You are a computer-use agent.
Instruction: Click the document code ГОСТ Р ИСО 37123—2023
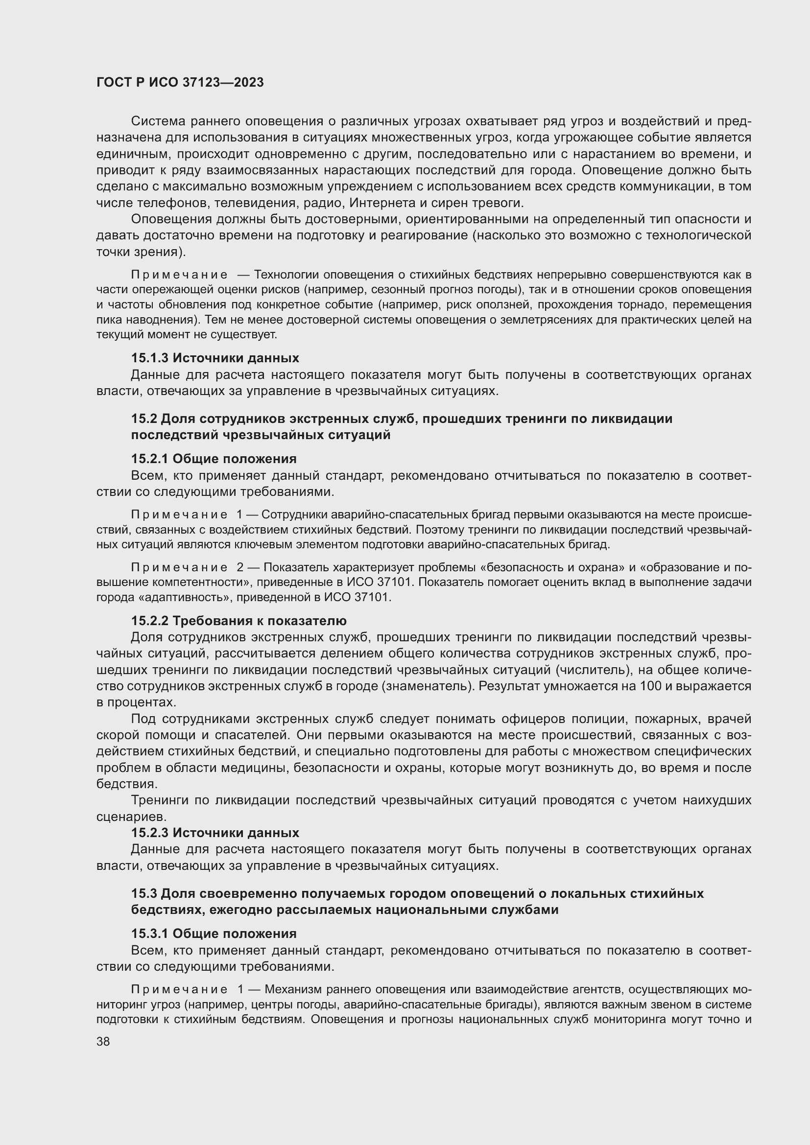[180, 83]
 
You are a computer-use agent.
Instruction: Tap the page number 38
[103, 1041]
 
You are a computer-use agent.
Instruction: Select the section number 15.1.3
[150, 357]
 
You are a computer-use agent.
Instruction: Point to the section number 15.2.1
[150, 459]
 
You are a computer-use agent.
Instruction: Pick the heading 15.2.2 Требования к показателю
[239, 621]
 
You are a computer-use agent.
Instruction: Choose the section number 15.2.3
[150, 832]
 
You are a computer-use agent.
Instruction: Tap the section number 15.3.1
[150, 934]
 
